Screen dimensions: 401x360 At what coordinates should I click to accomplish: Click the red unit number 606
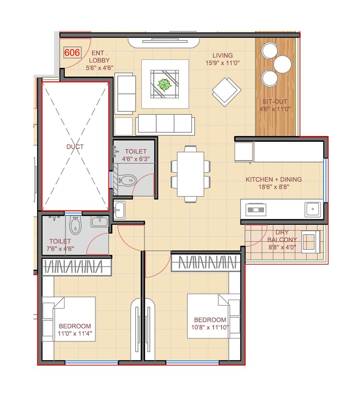point(72,52)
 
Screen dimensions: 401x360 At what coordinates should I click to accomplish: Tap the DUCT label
point(75,147)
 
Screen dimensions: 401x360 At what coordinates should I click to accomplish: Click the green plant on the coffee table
point(164,84)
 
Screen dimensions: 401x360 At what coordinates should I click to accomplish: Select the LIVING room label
point(222,56)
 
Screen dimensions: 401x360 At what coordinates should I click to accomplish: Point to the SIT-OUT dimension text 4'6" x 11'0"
point(275,108)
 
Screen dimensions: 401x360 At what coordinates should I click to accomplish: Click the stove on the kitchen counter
point(256,209)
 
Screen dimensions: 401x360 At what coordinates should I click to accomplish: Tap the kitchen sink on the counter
point(312,209)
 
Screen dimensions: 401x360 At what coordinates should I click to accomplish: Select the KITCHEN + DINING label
point(274,180)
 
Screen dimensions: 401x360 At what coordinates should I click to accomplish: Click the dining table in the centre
point(190,174)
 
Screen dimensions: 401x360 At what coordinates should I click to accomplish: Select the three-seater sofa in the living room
point(165,124)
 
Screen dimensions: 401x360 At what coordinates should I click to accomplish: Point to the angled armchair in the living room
point(226,91)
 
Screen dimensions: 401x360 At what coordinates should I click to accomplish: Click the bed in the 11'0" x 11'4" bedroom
point(69,319)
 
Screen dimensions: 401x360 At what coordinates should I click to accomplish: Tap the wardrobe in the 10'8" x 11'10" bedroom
point(206,263)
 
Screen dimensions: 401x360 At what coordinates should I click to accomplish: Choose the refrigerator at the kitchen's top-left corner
point(244,152)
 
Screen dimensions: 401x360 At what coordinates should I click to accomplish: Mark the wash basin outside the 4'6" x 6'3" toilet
point(119,210)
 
